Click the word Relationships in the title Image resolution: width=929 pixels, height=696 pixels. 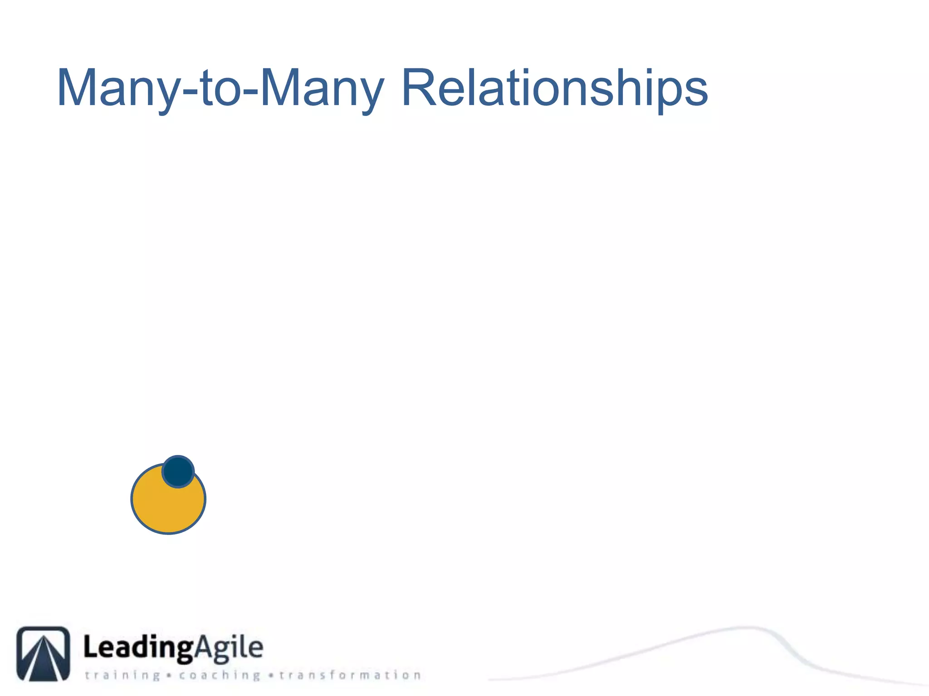554,88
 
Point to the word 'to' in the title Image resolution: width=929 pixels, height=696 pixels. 220,88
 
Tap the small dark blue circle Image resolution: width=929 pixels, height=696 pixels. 178,472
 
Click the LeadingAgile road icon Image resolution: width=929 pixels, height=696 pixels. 44,653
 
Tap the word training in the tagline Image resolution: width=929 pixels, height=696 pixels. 122,675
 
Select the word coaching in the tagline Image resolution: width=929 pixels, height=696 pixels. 220,675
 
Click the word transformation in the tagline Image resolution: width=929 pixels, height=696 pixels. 350,675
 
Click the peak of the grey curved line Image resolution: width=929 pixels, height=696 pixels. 746,628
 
